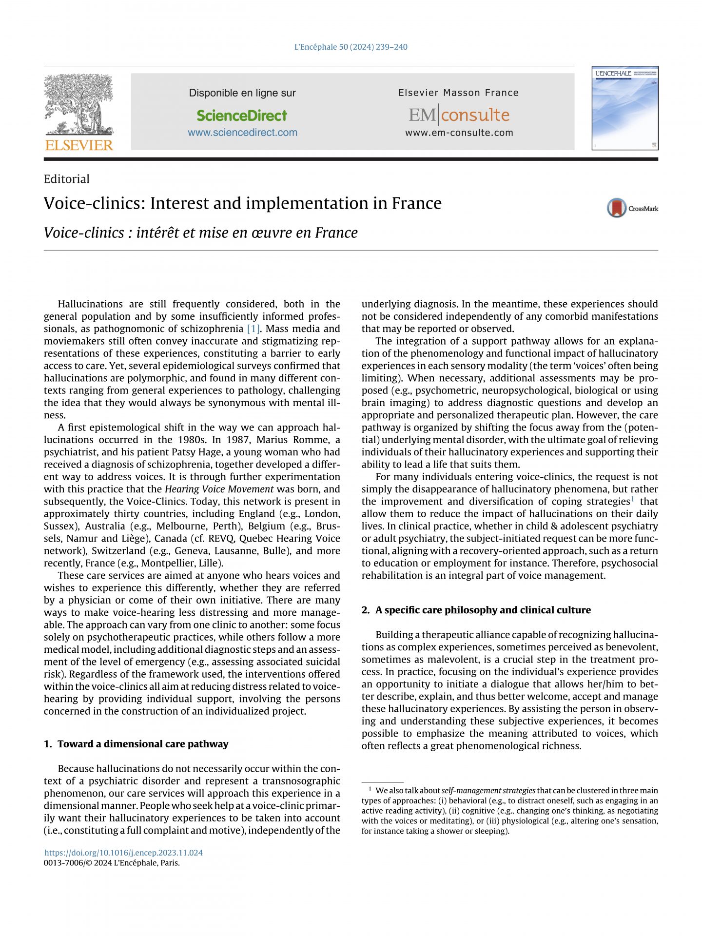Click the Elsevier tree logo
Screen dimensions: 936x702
click(x=78, y=104)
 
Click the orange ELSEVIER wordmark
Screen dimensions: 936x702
click(x=79, y=145)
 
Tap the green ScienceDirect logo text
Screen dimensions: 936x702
click(x=242, y=116)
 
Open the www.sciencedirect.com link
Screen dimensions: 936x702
click(x=242, y=133)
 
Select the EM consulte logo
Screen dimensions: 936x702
click(x=459, y=115)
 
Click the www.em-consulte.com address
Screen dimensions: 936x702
click(x=459, y=133)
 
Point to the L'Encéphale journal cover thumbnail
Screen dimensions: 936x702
click(x=625, y=108)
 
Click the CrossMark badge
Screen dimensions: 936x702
click(x=632, y=208)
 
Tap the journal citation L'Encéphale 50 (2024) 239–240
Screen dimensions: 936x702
click(x=351, y=47)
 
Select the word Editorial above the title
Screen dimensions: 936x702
click(x=67, y=179)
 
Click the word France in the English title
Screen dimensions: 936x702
click(x=417, y=203)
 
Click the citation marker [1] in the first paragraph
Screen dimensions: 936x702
click(x=253, y=329)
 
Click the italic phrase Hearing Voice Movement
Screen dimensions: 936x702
click(x=219, y=489)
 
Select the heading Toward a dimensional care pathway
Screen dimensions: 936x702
click(x=142, y=744)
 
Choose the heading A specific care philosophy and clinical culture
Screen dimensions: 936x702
click(x=483, y=610)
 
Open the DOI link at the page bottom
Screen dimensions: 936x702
click(x=123, y=853)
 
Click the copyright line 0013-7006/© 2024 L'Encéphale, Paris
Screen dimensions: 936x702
click(x=112, y=863)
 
